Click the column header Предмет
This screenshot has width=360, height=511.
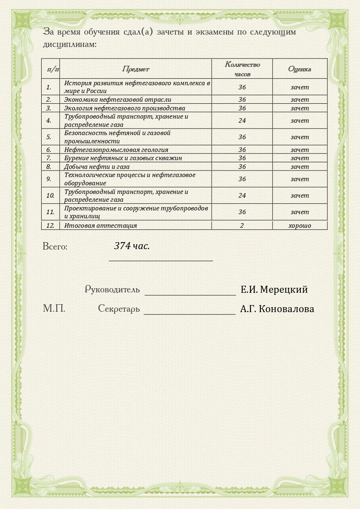136,69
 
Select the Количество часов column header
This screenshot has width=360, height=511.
242,69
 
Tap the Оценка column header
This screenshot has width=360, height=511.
299,69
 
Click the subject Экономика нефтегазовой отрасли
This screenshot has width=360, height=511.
118,99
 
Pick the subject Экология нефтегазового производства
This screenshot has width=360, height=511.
124,108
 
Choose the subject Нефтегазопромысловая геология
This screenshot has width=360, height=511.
116,150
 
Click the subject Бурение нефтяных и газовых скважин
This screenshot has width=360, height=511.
123,158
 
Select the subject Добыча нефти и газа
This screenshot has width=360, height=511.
97,167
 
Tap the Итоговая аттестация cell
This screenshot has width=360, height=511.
101,226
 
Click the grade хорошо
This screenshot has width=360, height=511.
299,226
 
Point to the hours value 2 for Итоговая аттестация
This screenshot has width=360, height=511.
242,226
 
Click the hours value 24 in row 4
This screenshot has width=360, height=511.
242,121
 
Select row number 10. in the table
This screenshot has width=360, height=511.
50,196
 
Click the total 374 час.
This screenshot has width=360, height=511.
132,246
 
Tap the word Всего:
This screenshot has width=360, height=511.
55,247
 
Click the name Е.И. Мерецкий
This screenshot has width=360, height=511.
274,289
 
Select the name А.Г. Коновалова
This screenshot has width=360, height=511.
277,309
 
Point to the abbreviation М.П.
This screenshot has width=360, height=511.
54,308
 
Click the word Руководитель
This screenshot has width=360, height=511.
112,289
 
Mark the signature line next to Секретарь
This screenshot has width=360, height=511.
189,313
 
